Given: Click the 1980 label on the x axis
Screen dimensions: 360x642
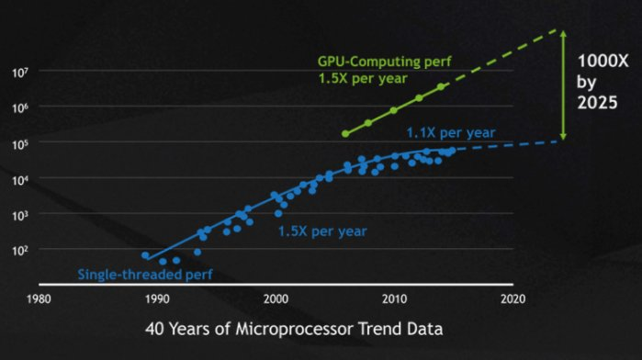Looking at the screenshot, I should pyautogui.click(x=38, y=298).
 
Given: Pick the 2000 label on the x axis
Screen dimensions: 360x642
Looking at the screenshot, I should pyautogui.click(x=276, y=298).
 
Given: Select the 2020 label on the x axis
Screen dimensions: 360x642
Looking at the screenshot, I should pyautogui.click(x=512, y=298).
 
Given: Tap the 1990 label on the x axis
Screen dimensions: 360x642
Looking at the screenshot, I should pyautogui.click(x=157, y=298).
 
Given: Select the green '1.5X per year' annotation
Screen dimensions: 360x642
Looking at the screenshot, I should pyautogui.click(x=358, y=79).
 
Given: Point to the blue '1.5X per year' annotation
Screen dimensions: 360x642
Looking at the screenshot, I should pyautogui.click(x=322, y=231).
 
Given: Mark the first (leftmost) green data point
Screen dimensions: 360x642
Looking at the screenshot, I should pyautogui.click(x=345, y=134).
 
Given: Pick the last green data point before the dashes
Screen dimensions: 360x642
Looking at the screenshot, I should pyautogui.click(x=442, y=87).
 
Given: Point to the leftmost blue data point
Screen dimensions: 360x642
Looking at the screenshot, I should pyautogui.click(x=145, y=255).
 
